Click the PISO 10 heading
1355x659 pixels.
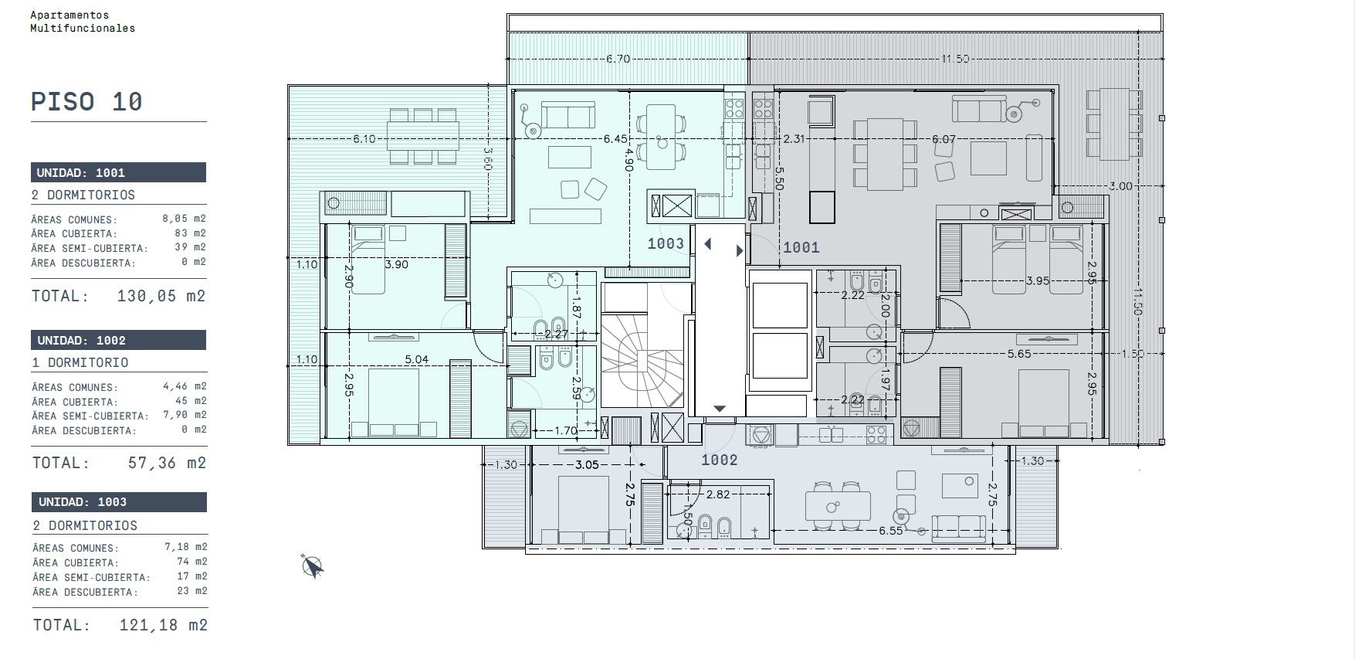(x=86, y=102)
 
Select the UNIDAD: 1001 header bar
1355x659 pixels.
(x=119, y=172)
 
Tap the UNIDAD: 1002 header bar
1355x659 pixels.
(x=119, y=340)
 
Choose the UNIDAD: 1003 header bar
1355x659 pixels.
(x=119, y=502)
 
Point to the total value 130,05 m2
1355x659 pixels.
(x=161, y=296)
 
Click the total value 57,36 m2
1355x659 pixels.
(x=166, y=463)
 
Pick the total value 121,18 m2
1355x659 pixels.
(x=163, y=625)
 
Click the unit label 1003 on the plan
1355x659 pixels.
(x=666, y=244)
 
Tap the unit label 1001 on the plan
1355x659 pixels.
(x=801, y=247)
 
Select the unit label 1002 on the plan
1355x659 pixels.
(x=720, y=460)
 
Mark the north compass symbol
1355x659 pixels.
(x=313, y=566)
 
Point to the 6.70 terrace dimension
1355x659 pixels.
(x=618, y=59)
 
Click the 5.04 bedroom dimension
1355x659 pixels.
(x=417, y=359)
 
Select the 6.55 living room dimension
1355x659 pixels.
(x=890, y=532)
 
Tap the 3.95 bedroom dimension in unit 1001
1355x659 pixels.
(x=1038, y=281)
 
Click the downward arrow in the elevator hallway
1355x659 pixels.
(x=720, y=409)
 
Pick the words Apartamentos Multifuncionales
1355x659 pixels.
(x=83, y=22)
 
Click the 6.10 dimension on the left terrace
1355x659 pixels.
(x=364, y=139)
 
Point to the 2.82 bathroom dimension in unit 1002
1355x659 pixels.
(x=718, y=494)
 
